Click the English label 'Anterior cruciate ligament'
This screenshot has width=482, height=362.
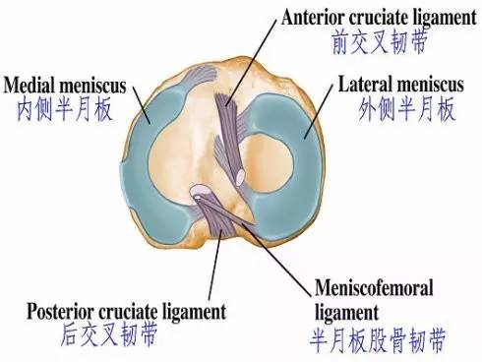pyautogui.click(x=372, y=17)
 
